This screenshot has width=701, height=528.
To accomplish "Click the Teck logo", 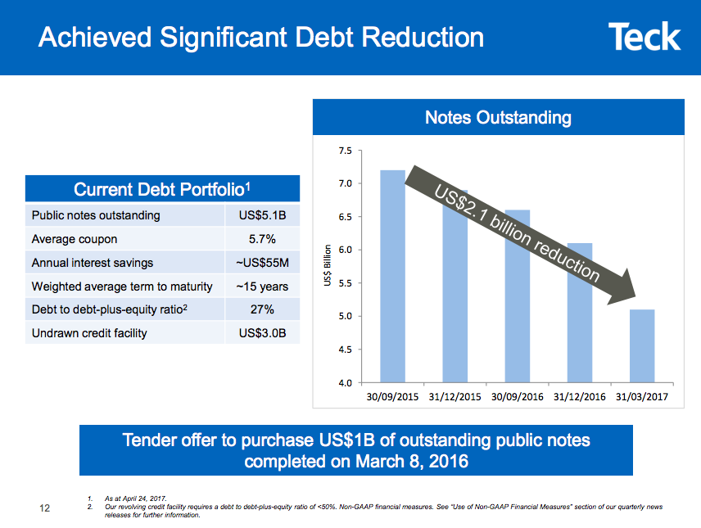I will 644,37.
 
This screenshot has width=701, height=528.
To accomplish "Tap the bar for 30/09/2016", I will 518,295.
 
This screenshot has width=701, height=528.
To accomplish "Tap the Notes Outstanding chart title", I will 498,118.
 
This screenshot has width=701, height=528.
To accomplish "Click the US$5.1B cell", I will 262,215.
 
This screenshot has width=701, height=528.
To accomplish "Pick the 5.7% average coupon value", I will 262,239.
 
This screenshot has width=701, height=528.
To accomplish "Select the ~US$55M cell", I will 262,263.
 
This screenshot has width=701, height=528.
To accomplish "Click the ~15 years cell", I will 262,287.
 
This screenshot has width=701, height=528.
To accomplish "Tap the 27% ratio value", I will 262,309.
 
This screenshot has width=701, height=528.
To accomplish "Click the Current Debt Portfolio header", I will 162,190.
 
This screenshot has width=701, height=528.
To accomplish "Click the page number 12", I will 46,508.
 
